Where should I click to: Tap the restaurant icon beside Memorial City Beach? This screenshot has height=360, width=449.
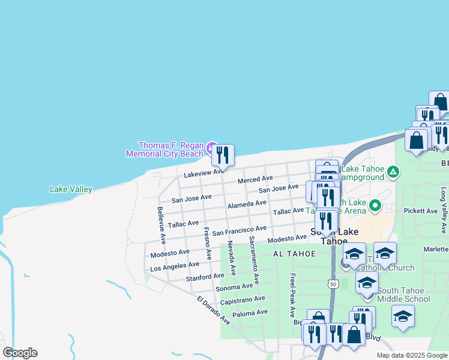(x=223, y=155)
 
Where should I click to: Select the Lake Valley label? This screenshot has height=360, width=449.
(x=71, y=190)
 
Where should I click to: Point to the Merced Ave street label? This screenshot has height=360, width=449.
(x=255, y=179)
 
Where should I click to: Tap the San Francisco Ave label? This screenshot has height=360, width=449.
(x=239, y=230)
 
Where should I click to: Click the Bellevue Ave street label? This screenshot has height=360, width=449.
(x=161, y=225)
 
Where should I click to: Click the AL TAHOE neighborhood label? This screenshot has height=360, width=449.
(x=294, y=254)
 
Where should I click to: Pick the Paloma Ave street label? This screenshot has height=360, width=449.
(x=249, y=313)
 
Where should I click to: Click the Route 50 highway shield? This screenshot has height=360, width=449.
(x=333, y=283)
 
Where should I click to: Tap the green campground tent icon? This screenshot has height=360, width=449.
(x=393, y=173)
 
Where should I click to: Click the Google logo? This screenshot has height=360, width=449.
(x=20, y=352)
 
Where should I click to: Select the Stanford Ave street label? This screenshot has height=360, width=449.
(x=205, y=277)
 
